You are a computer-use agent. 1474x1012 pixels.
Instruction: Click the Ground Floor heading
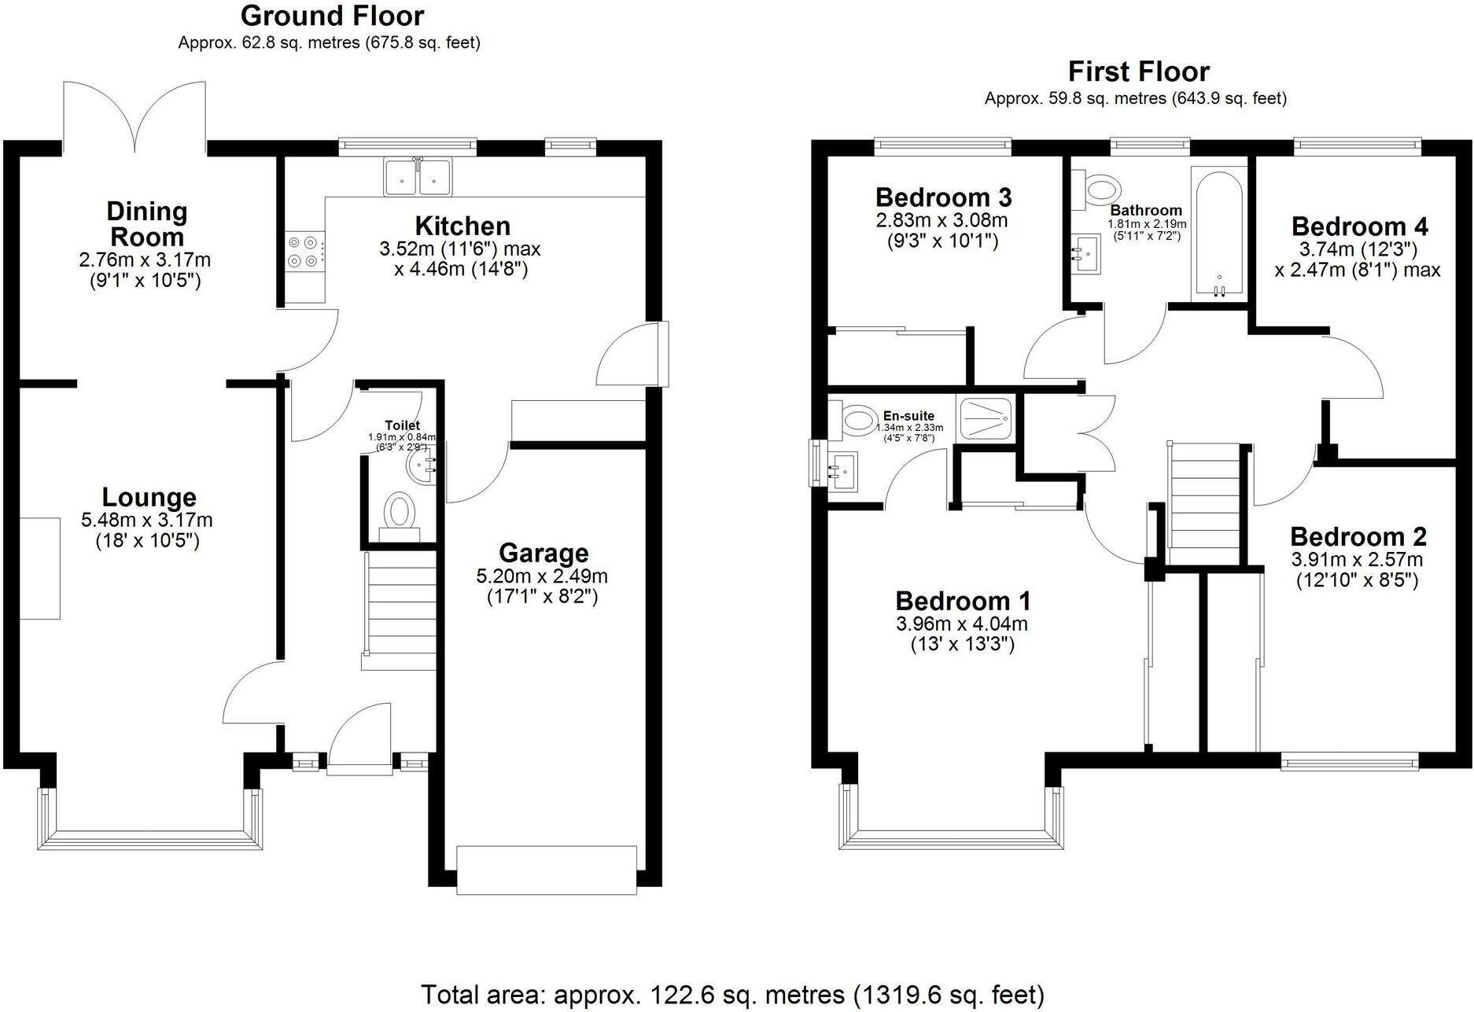(332, 16)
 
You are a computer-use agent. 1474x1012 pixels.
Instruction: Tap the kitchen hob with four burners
(304, 252)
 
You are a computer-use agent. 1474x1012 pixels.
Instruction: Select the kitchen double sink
(418, 176)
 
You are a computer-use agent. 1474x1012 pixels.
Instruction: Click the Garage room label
(544, 553)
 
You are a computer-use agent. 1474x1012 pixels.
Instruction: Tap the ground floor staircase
(399, 610)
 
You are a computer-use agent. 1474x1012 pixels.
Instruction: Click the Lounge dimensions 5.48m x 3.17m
(147, 520)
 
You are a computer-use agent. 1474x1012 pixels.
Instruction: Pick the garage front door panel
(547, 869)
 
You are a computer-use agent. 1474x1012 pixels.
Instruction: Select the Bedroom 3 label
(943, 197)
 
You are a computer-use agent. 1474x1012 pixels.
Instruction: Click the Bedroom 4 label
(1359, 226)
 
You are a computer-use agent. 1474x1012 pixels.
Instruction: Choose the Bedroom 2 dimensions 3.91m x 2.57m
(1357, 560)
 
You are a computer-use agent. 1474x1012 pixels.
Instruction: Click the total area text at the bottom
(732, 994)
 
